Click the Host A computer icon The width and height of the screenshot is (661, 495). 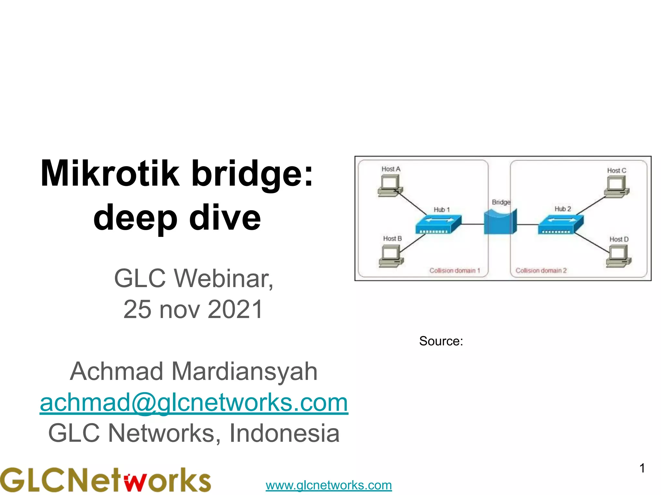[x=390, y=186]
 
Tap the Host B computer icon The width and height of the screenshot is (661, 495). [x=391, y=256]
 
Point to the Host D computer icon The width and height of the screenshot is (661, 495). [x=618, y=256]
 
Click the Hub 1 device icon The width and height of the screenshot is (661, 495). [x=438, y=224]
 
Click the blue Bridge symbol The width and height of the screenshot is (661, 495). [x=500, y=222]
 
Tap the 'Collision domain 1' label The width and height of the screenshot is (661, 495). [x=454, y=270]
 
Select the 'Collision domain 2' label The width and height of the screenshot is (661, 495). [x=541, y=270]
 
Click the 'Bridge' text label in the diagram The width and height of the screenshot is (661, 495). [x=501, y=202]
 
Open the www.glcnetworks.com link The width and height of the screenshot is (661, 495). [x=329, y=485]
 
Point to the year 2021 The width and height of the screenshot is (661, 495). [x=235, y=309]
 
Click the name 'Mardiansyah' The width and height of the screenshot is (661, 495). [x=244, y=371]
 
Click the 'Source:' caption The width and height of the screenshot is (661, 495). [x=441, y=341]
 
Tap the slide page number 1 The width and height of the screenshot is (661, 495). [x=642, y=468]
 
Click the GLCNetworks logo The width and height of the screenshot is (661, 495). [x=105, y=480]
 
